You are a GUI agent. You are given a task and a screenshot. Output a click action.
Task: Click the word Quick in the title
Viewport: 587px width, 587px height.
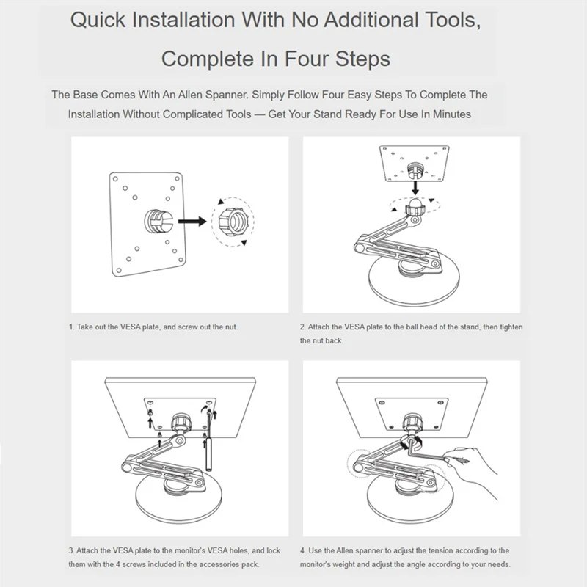98,21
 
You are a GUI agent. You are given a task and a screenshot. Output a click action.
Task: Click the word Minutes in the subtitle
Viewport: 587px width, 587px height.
452,114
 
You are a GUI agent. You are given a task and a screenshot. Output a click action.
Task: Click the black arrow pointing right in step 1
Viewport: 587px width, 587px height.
192,222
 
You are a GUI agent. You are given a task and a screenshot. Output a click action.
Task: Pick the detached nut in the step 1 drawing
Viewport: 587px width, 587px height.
232,222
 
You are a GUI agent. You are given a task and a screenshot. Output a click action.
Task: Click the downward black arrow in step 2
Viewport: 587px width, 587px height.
415,188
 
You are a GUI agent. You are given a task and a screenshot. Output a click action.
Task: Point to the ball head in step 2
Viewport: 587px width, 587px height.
415,205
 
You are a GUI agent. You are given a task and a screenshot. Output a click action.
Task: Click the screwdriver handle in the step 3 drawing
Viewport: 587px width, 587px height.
209,453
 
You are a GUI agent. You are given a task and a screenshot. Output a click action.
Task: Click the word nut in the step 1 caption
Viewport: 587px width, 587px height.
231,327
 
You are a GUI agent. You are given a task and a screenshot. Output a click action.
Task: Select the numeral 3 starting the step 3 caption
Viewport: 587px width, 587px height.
70,551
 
